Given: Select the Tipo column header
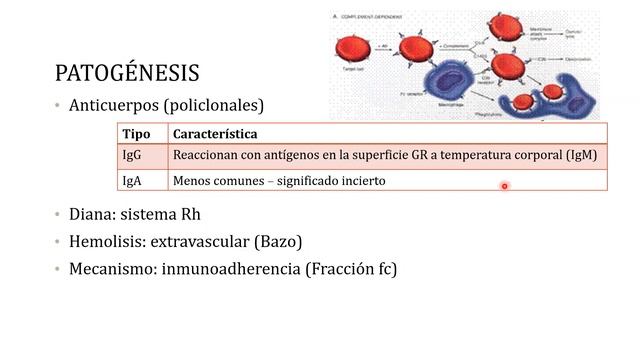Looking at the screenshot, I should pos(136,134).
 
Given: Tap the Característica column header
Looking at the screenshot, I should pos(214,134).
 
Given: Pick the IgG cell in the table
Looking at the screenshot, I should pos(132,156).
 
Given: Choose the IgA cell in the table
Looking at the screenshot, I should pos(132,181).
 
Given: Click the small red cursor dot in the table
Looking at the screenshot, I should pos(505,186).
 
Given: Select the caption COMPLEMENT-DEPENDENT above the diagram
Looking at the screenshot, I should pos(371,17).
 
